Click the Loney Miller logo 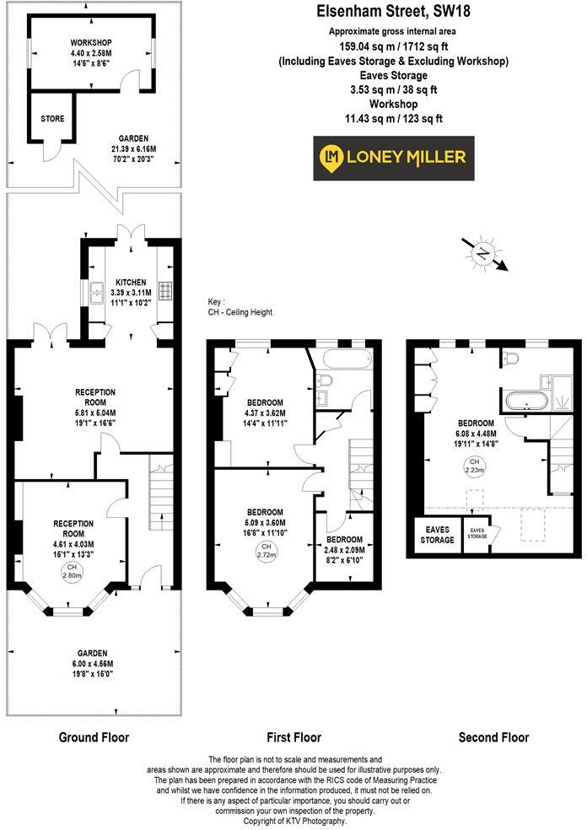394,158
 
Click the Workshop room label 92,42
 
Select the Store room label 52,119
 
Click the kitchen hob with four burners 165,291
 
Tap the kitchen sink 96,291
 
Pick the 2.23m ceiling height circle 474,467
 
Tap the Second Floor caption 493,737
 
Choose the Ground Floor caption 94,737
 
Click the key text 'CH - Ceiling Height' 240,312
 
